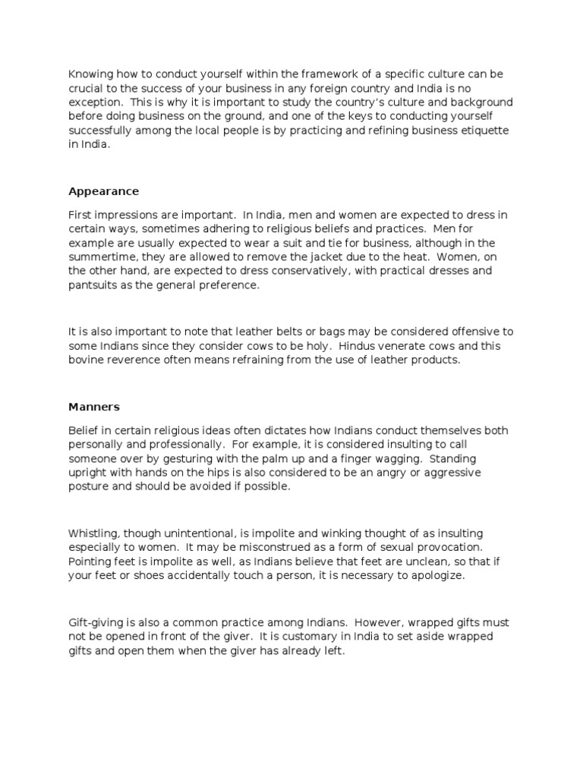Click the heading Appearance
pos(103,190)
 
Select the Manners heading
pos(94,406)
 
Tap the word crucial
pos(86,88)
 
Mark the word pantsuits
pos(95,285)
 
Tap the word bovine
pos(86,360)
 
